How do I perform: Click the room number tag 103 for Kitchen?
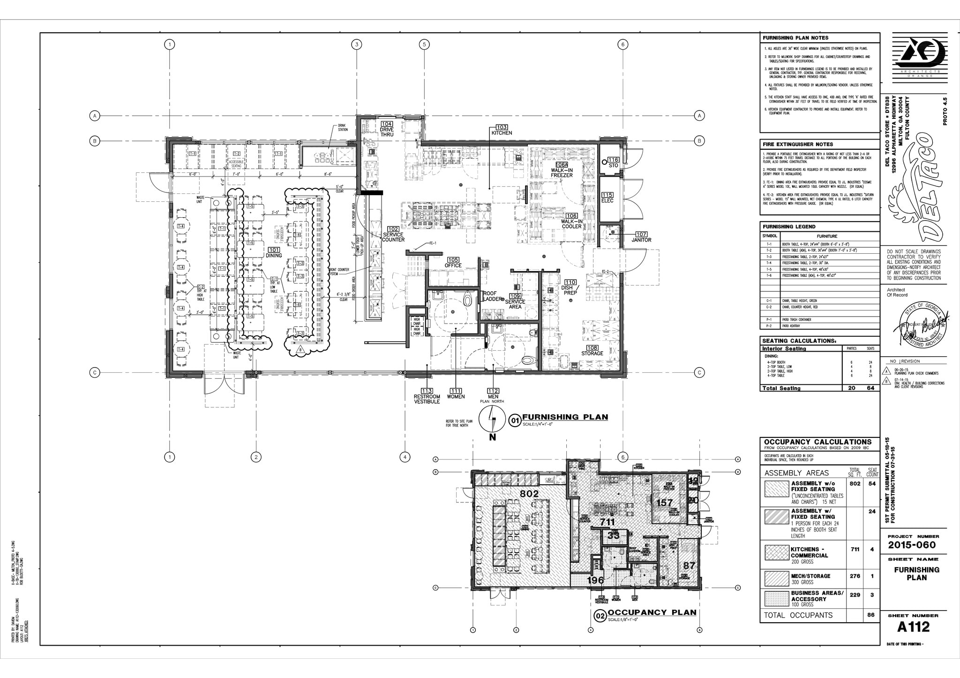(502, 127)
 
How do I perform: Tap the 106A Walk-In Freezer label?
(562, 170)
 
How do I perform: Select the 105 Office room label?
(453, 262)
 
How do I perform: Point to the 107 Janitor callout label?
(641, 237)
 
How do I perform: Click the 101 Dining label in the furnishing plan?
(274, 252)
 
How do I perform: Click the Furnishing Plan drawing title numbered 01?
(565, 417)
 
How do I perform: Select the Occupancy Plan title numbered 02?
(652, 612)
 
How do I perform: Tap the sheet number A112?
(913, 626)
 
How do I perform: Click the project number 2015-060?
(912, 545)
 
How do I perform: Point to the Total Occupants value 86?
(871, 615)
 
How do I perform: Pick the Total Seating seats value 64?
(871, 388)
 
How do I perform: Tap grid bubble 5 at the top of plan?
(424, 44)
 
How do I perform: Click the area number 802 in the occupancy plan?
(529, 494)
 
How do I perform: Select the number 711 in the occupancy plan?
(607, 522)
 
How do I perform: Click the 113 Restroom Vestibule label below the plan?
(427, 396)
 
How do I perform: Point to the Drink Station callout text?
(343, 127)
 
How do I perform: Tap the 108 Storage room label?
(592, 351)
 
